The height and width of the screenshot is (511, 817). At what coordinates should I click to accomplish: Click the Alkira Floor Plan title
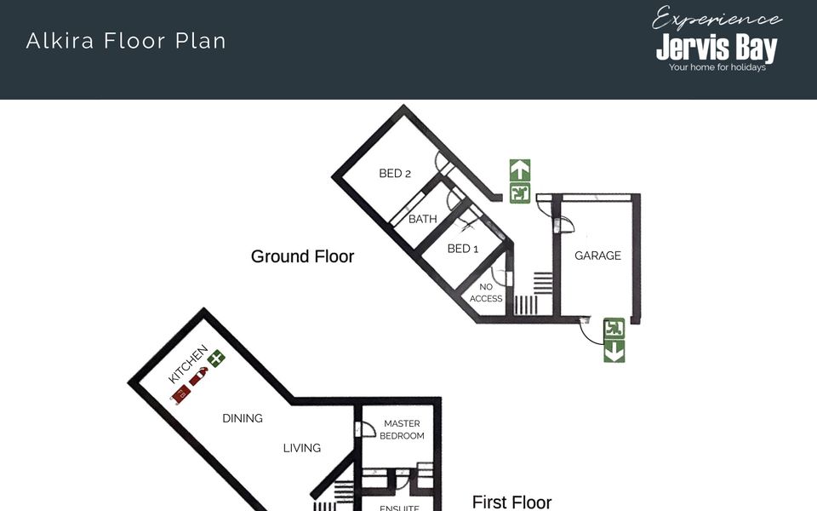126,41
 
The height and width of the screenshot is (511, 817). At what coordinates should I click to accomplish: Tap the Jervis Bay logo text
717,48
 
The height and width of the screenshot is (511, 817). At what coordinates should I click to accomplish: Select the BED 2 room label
395,173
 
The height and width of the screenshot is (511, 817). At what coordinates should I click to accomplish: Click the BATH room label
423,219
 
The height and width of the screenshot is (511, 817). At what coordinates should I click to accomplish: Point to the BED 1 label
463,249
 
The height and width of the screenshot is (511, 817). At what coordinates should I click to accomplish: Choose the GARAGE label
597,255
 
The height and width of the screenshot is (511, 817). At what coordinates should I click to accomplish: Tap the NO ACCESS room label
486,292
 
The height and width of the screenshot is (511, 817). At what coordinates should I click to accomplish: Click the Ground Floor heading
302,256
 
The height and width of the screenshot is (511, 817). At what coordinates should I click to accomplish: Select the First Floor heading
511,502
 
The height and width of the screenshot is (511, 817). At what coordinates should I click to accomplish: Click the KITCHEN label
188,364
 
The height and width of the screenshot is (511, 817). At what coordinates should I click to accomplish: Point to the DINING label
243,418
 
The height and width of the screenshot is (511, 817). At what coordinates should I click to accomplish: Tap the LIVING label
301,448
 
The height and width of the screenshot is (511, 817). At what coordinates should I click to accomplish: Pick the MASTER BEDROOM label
402,429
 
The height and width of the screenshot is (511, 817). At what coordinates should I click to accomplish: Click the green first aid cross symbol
216,359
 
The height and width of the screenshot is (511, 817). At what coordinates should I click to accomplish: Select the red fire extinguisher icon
198,376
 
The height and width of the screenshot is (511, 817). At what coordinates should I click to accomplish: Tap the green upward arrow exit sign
520,170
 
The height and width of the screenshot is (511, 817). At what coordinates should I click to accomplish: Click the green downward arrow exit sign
614,351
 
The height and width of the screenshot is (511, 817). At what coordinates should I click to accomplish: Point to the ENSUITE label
399,508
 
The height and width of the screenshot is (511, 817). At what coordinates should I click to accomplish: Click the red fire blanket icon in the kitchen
180,394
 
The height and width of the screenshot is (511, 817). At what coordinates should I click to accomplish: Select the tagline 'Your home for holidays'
717,67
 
